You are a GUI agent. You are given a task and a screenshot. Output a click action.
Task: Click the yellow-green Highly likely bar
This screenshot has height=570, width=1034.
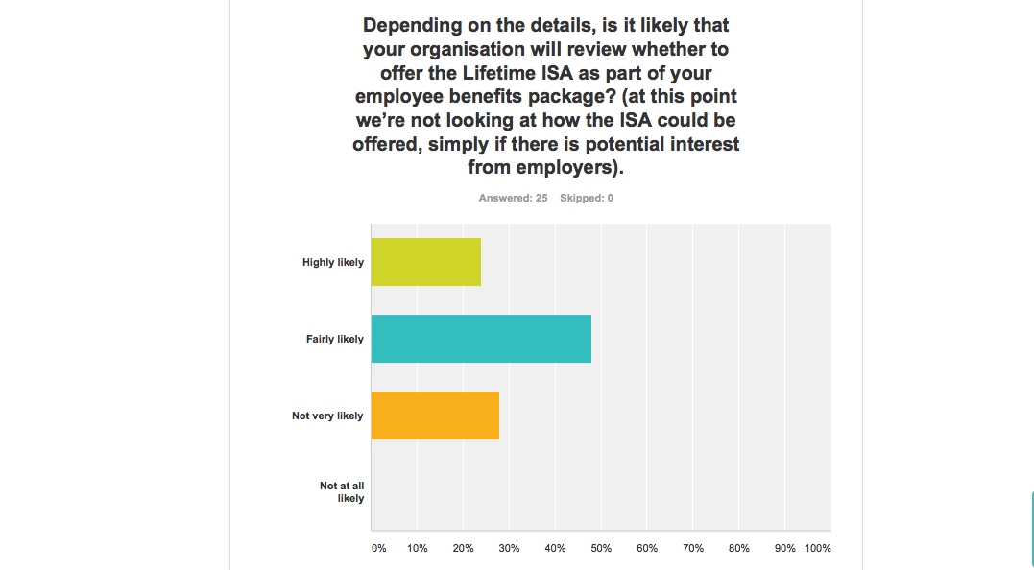click(425, 262)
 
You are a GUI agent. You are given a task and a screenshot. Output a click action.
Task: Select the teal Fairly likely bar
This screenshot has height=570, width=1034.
click(481, 339)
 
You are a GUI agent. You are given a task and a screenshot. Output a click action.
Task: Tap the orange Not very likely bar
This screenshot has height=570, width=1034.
click(435, 416)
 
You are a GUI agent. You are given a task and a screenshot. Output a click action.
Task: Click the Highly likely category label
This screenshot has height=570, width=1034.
click(333, 262)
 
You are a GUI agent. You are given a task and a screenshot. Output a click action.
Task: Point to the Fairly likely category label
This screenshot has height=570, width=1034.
click(335, 339)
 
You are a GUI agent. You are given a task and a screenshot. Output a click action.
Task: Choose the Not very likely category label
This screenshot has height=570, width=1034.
click(327, 416)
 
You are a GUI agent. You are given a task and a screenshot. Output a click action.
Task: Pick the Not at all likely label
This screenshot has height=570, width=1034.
click(342, 492)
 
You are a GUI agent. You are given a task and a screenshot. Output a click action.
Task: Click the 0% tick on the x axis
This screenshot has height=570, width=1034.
click(379, 548)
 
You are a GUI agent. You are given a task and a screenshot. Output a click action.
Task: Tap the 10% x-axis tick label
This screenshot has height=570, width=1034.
click(417, 548)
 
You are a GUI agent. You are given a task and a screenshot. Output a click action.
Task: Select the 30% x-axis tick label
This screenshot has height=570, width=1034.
click(509, 548)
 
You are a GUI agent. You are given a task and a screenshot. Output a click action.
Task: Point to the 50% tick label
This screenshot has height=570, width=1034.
click(601, 548)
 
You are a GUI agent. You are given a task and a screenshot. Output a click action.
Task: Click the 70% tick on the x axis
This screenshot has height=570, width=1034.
click(693, 548)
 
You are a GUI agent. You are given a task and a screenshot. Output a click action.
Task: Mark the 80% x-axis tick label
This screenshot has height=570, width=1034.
click(738, 548)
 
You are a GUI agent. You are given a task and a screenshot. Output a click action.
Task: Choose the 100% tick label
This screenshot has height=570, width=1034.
click(818, 548)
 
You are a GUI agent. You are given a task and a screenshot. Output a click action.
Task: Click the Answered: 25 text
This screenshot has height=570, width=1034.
click(513, 198)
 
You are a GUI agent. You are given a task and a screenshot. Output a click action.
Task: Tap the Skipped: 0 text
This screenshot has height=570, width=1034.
click(587, 198)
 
